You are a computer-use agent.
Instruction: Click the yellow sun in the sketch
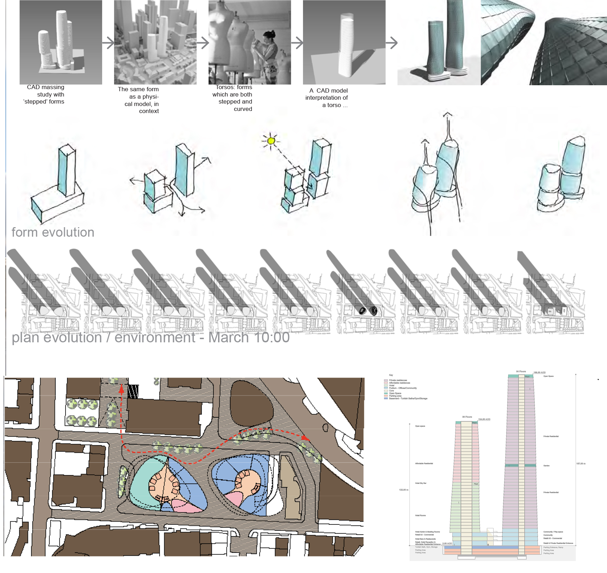[x=271, y=141]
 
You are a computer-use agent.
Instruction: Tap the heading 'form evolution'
[x=53, y=232]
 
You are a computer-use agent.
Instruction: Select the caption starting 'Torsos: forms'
[x=233, y=98]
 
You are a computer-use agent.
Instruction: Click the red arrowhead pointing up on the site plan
[x=122, y=389]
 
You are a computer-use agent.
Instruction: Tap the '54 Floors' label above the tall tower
[x=521, y=372]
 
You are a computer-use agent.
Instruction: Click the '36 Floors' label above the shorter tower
[x=467, y=417]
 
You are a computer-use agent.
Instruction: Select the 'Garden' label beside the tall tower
[x=546, y=466]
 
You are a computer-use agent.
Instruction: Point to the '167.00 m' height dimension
[x=581, y=464]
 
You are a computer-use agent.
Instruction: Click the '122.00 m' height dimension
[x=404, y=490]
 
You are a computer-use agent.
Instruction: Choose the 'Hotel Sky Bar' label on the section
[x=421, y=483]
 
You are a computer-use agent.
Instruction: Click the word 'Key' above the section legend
[x=391, y=375]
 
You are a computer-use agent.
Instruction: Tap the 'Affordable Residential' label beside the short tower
[x=424, y=463]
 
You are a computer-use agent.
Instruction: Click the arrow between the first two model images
[x=109, y=43]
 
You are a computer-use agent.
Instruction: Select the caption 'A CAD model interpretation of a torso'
[x=327, y=98]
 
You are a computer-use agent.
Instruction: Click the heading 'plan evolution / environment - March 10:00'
[x=151, y=337]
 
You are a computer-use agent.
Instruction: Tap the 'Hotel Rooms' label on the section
[x=420, y=516]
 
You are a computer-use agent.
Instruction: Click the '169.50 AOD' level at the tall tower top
[x=539, y=373]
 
